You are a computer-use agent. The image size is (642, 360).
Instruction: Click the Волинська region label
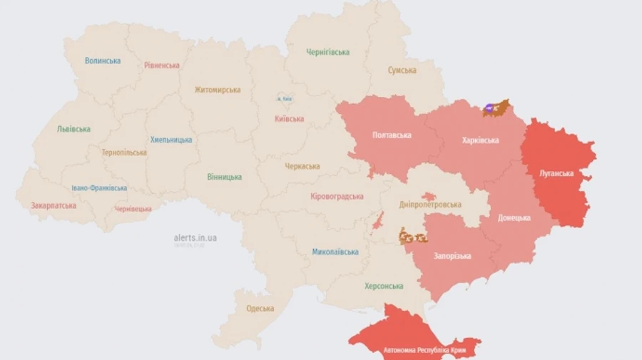click(x=103, y=61)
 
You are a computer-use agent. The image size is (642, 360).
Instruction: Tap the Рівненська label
click(x=161, y=65)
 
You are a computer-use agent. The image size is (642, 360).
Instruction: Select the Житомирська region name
click(x=218, y=90)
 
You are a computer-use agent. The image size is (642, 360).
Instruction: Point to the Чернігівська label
click(x=328, y=52)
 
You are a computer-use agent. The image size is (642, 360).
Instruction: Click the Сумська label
click(x=402, y=71)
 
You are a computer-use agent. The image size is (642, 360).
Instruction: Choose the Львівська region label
click(x=73, y=129)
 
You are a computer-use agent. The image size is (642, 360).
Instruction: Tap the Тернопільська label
click(x=124, y=153)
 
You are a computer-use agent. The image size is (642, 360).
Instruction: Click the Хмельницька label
click(x=171, y=140)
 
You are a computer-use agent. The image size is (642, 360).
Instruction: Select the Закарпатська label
click(x=53, y=205)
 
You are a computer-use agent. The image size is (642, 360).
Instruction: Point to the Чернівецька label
click(x=133, y=209)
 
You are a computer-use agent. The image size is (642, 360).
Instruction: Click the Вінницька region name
click(x=225, y=177)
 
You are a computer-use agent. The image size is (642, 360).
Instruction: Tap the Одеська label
click(x=260, y=309)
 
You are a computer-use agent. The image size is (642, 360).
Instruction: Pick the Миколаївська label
click(x=335, y=252)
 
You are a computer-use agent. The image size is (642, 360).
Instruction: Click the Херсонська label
click(x=384, y=286)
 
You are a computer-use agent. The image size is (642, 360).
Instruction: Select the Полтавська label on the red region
click(x=392, y=135)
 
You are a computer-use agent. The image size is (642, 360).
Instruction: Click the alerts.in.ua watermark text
click(x=195, y=237)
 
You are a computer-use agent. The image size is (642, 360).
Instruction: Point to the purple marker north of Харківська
click(x=490, y=109)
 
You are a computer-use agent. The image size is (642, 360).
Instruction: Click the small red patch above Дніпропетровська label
click(x=428, y=196)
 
